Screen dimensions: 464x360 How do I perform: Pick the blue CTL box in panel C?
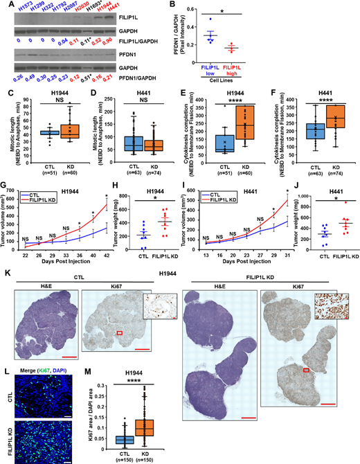tap(29, 132)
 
